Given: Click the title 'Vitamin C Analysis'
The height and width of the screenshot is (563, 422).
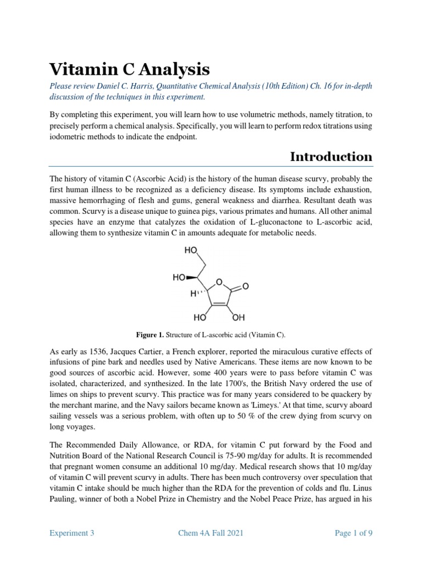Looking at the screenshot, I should [129, 69].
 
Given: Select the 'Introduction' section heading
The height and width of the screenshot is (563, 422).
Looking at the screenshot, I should [331, 157].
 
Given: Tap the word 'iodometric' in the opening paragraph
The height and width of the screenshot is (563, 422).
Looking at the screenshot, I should [70, 137].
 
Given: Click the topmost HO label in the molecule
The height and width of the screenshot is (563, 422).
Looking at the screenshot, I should [191, 250].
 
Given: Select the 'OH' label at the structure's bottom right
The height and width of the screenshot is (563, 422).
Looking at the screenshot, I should [238, 318].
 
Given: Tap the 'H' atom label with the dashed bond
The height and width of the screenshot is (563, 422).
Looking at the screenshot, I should [193, 294].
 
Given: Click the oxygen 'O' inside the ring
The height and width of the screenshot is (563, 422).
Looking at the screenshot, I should [219, 282].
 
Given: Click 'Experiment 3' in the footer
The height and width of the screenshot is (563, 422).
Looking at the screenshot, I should [72, 533].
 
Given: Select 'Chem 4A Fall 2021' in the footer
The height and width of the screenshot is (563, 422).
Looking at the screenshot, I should [211, 533].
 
